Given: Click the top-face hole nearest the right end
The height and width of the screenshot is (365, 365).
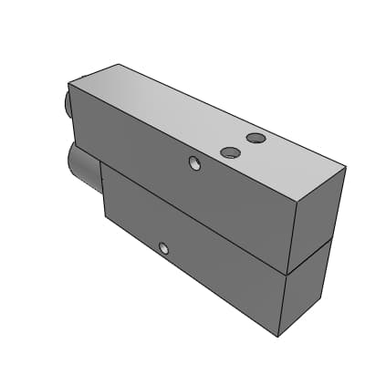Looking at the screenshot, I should point(256,139).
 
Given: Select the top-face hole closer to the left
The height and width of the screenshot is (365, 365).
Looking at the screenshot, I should point(229,151).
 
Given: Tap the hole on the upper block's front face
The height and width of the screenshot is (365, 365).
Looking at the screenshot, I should point(193,163).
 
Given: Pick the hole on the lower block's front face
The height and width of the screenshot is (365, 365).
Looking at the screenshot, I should point(163,248).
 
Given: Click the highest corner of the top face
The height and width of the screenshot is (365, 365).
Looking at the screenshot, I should point(120,64).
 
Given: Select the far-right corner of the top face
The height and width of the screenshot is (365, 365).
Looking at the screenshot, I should point(346,167).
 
